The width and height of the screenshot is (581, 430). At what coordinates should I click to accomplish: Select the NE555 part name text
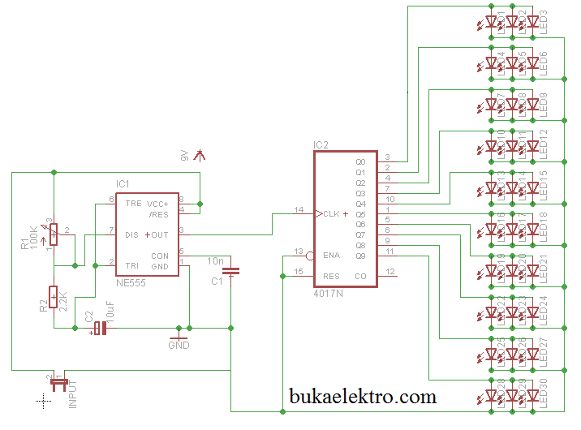(x=130, y=282)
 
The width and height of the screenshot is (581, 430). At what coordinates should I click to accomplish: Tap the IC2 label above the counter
(x=321, y=145)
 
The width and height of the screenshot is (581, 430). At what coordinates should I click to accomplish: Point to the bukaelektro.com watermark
(x=363, y=397)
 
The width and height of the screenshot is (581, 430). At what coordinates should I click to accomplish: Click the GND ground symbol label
(x=179, y=346)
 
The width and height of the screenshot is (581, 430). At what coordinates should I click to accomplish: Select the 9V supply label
(x=185, y=156)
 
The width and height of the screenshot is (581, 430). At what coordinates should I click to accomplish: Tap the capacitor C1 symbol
(x=232, y=271)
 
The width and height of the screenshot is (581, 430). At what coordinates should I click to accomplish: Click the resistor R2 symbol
(x=54, y=298)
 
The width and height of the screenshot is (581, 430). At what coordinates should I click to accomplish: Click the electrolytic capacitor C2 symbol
(x=99, y=328)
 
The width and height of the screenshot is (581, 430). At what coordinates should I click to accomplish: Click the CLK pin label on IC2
(x=331, y=214)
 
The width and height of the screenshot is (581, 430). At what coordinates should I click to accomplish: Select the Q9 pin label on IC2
(x=360, y=256)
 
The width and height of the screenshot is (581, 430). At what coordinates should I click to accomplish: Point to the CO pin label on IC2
(x=360, y=276)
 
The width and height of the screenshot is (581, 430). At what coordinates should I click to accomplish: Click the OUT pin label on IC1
(x=160, y=235)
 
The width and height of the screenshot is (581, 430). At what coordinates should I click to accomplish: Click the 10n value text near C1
(x=216, y=260)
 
